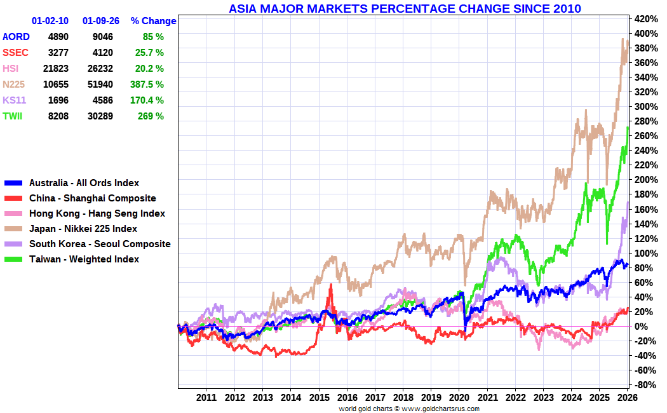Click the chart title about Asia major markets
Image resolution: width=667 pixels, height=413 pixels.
click(405, 8)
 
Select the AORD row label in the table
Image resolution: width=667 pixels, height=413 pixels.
click(16, 37)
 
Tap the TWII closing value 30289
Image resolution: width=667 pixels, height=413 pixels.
click(102, 116)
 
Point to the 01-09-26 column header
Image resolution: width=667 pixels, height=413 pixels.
click(98, 21)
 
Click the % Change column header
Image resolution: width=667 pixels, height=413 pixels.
click(153, 21)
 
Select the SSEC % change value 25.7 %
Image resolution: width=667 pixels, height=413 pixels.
click(149, 53)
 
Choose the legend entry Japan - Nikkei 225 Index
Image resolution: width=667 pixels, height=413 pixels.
click(83, 229)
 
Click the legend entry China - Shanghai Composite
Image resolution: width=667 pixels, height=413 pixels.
click(92, 198)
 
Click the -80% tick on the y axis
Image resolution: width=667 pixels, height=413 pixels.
click(643, 385)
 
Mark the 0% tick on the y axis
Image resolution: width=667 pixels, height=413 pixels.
click(641, 327)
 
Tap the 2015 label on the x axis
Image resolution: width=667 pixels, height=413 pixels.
click(318, 398)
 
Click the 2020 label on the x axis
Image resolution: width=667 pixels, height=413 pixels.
click(459, 398)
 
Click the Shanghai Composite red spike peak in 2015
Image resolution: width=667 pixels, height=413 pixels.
click(331, 285)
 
